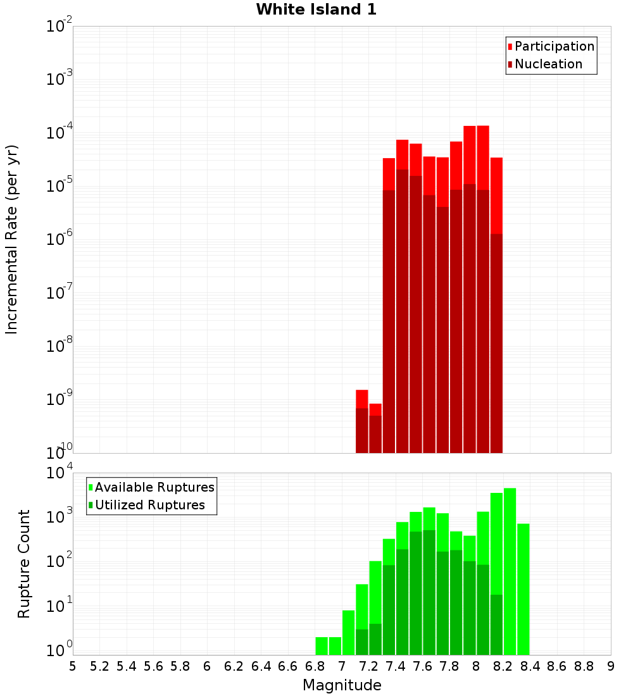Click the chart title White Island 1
click(316, 9)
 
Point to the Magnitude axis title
click(342, 685)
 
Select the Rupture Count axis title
click(24, 564)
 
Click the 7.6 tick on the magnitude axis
click(422, 666)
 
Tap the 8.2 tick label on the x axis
click(503, 666)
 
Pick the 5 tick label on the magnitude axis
click(73, 666)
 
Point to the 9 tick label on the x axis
click(611, 666)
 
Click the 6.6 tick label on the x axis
click(288, 666)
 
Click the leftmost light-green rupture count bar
click(322, 645)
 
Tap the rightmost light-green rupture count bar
click(523, 589)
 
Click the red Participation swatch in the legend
click(510, 47)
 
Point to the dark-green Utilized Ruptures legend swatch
click(91, 506)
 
